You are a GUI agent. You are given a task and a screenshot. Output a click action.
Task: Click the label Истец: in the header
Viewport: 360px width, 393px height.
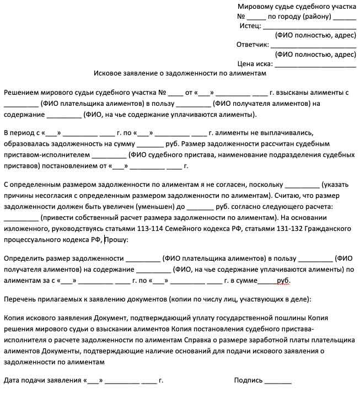[x=250, y=26]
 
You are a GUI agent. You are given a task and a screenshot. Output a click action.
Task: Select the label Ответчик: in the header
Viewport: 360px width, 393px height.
[x=252, y=45]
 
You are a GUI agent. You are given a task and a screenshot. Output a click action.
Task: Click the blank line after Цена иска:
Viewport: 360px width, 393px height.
[x=315, y=64]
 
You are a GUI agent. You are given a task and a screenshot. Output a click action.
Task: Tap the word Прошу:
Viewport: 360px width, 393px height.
[x=116, y=240]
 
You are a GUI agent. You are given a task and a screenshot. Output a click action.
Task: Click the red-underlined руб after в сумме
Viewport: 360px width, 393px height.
[x=283, y=281]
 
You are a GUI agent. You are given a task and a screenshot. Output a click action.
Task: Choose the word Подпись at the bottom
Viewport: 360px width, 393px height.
[x=248, y=380]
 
